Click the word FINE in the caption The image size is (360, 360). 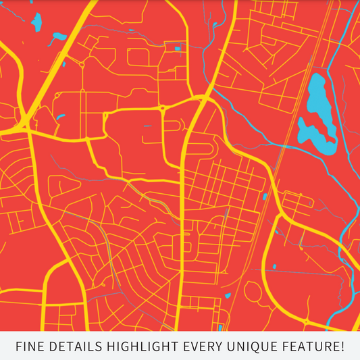click(x=30, y=347)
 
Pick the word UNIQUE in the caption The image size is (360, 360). click(x=249, y=347)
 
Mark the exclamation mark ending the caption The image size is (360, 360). click(x=342, y=347)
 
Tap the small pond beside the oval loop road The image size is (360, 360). click(x=228, y=295)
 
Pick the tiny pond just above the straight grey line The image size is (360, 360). click(x=276, y=264)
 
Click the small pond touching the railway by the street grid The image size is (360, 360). click(x=265, y=197)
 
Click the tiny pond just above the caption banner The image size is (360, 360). click(x=220, y=328)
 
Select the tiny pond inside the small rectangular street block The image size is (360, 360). click(x=178, y=49)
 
